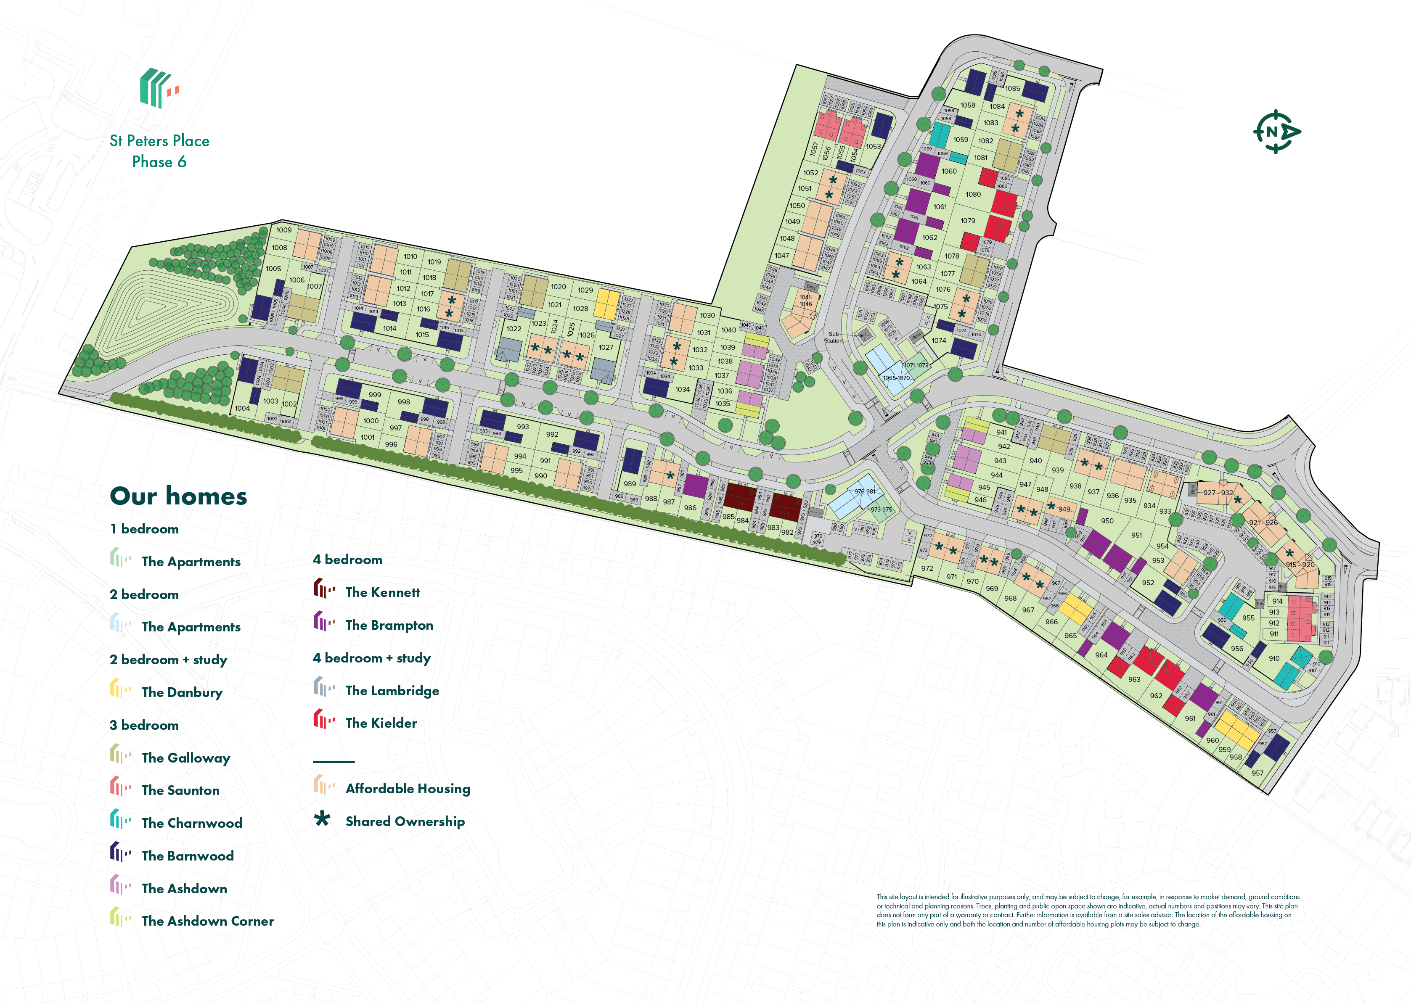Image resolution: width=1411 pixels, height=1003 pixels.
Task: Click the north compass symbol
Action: (1276, 132)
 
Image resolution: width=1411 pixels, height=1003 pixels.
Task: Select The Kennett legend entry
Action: (382, 592)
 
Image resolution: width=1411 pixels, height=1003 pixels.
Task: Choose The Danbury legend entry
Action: (182, 692)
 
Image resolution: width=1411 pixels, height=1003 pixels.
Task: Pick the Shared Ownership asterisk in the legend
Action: (322, 820)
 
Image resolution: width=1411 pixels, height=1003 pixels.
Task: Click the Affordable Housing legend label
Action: (407, 789)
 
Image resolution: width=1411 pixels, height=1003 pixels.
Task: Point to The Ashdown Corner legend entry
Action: (208, 921)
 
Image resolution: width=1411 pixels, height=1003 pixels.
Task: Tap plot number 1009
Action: (283, 230)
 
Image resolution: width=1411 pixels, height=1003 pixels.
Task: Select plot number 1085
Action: (1013, 88)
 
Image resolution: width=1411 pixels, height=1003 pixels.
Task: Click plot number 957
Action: (1257, 773)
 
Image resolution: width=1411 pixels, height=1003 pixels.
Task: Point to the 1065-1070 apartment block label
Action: (896, 378)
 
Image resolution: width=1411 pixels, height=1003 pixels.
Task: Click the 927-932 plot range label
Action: (1218, 493)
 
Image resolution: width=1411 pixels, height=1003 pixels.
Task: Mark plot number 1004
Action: (242, 408)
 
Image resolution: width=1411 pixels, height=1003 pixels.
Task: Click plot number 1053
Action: (873, 146)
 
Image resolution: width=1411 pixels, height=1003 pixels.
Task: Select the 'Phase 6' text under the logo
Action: (159, 162)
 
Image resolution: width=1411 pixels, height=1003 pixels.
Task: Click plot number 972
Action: (927, 568)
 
